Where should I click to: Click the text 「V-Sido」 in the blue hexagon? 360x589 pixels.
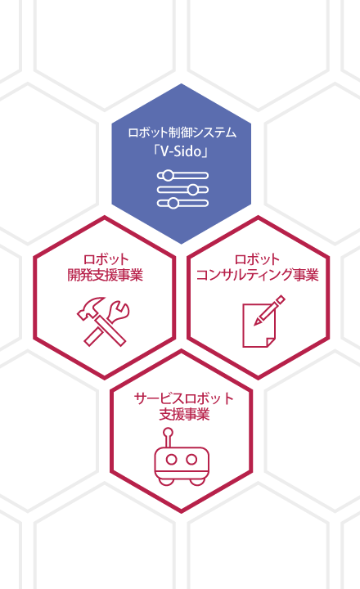[181, 151]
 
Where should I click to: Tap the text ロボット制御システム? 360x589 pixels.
[182, 133]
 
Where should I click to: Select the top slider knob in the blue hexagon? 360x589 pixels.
[167, 175]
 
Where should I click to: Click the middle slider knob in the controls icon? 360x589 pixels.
[193, 189]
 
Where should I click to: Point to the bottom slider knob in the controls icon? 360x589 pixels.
[173, 203]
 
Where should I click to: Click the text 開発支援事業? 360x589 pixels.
[106, 275]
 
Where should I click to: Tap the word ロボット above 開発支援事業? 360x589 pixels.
[106, 259]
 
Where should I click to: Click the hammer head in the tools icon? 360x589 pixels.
[90, 306]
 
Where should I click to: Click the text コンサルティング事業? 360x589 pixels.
[258, 275]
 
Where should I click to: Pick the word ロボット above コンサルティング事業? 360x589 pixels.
[258, 259]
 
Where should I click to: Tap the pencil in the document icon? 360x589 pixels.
[269, 310]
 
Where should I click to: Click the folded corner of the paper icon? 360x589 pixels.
[271, 342]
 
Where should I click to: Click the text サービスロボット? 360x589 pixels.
[184, 398]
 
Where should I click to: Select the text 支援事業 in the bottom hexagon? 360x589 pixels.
[184, 414]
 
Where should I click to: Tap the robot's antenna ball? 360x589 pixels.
[169, 433]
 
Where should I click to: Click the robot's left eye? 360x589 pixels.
[171, 459]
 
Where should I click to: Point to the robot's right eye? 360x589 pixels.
[191, 459]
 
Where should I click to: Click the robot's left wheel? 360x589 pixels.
[165, 480]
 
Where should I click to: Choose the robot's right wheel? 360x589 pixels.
[198, 480]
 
